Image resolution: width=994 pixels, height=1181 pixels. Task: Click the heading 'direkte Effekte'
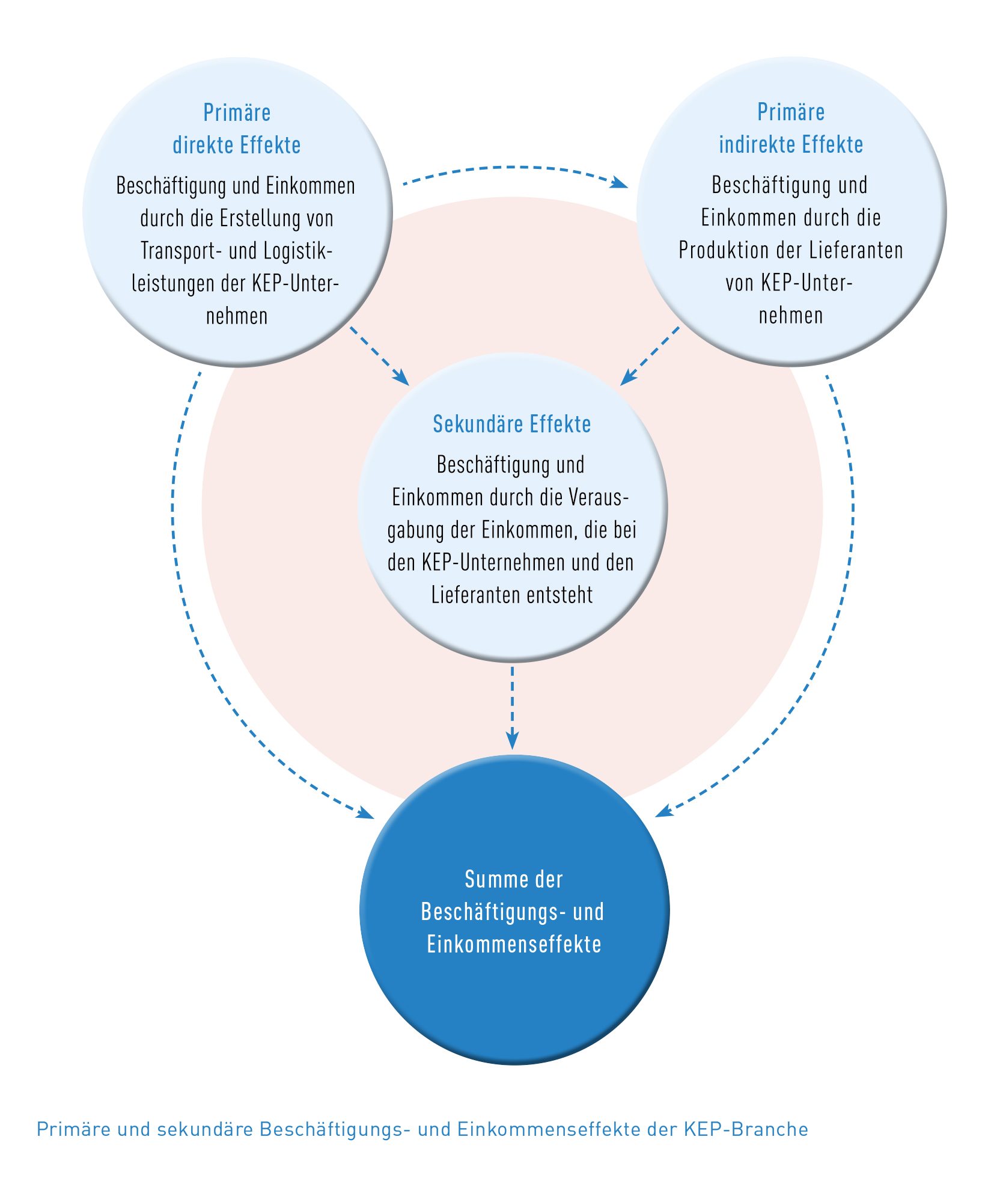[x=237, y=145]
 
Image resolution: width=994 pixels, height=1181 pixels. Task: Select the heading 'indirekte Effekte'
[x=791, y=144]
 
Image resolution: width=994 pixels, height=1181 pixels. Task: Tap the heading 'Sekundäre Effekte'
[x=512, y=424]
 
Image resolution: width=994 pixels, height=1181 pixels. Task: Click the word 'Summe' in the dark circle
[x=489, y=879]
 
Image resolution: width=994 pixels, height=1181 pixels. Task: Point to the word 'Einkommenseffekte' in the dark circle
[x=514, y=944]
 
